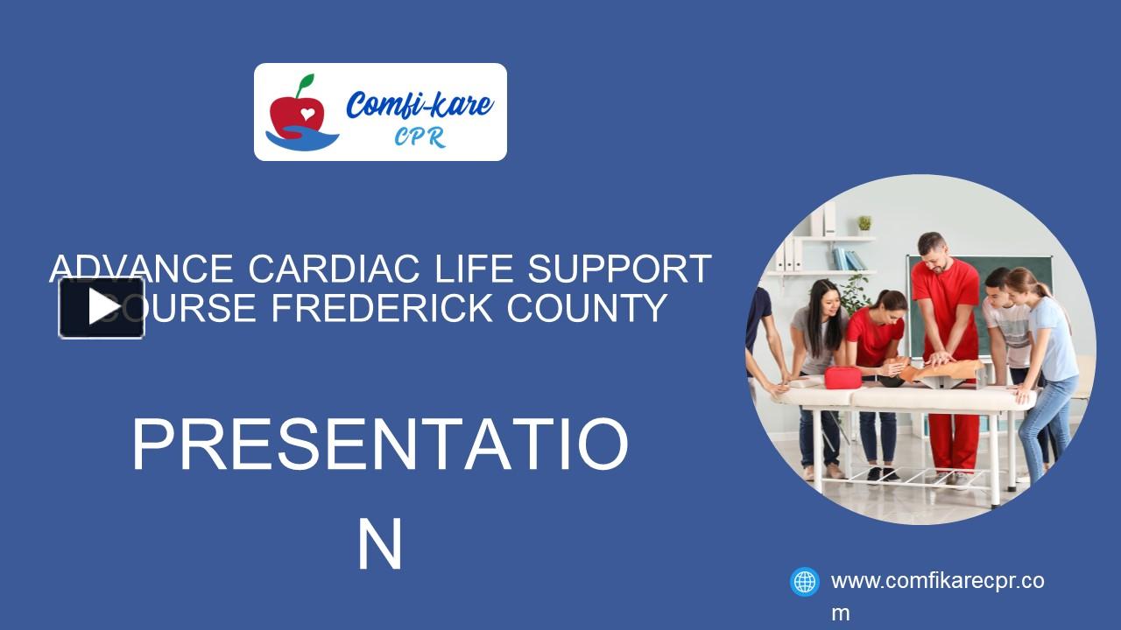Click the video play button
102,307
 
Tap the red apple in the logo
296,110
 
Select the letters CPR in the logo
419,137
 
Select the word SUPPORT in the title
617,269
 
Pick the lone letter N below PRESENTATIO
379,544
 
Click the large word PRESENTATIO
379,445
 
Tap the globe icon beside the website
804,582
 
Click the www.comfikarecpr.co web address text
937,581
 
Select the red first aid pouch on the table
843,377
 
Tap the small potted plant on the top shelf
864,223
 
